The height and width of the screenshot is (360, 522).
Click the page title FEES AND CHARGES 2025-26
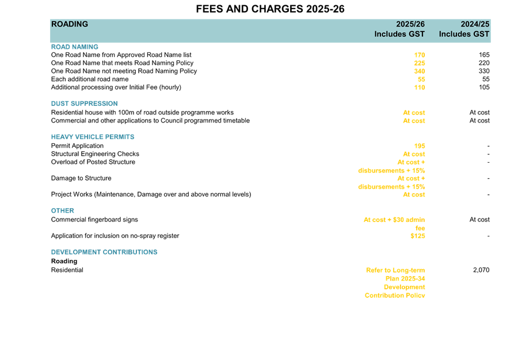pos(270,9)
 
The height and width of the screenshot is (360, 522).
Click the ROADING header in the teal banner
pos(70,24)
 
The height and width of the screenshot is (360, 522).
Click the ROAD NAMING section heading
pos(75,47)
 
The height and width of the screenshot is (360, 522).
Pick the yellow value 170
pos(420,55)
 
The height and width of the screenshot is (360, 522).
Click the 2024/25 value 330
pos(484,71)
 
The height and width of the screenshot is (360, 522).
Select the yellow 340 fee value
pos(420,71)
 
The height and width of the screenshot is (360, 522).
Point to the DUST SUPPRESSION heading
pos(84,104)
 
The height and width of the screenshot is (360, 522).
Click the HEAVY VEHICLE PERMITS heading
pos(93,137)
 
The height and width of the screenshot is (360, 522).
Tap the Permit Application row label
pos(77,145)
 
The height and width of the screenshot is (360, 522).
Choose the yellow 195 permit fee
pos(420,146)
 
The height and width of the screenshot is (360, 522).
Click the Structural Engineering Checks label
pos(95,154)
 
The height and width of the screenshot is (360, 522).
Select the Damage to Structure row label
pos(81,178)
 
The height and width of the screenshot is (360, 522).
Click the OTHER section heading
pos(63,210)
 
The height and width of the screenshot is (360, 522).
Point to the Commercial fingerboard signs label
pos(94,220)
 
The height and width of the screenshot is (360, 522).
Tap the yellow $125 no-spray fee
pos(418,236)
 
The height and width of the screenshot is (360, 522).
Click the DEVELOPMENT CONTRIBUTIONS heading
pos(104,252)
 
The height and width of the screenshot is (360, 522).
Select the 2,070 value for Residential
pos(481,270)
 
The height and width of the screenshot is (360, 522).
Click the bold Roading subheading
pos(64,261)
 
